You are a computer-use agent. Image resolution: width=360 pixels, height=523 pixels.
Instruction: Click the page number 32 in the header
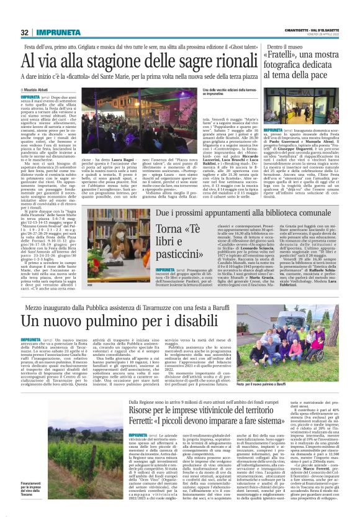pos(25,33)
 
